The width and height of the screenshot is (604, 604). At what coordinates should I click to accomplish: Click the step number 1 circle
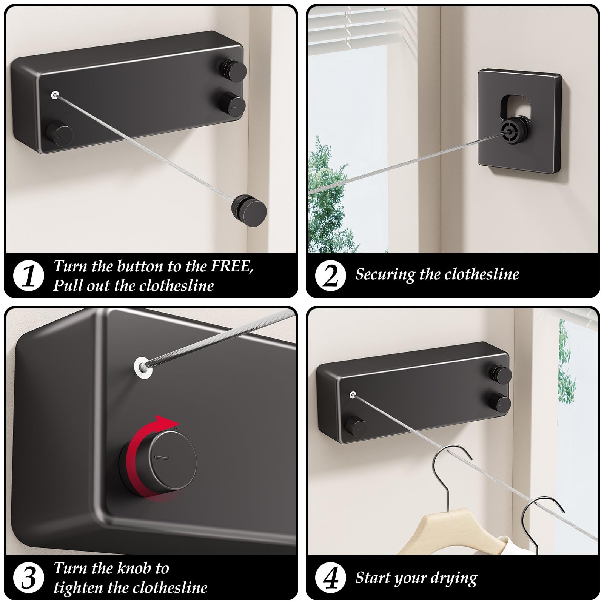(x=29, y=276)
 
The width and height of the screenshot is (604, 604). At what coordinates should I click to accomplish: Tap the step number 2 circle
(x=331, y=276)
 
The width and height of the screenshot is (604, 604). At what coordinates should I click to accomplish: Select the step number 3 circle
(x=29, y=578)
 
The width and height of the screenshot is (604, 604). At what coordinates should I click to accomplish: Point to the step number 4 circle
(x=331, y=578)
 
